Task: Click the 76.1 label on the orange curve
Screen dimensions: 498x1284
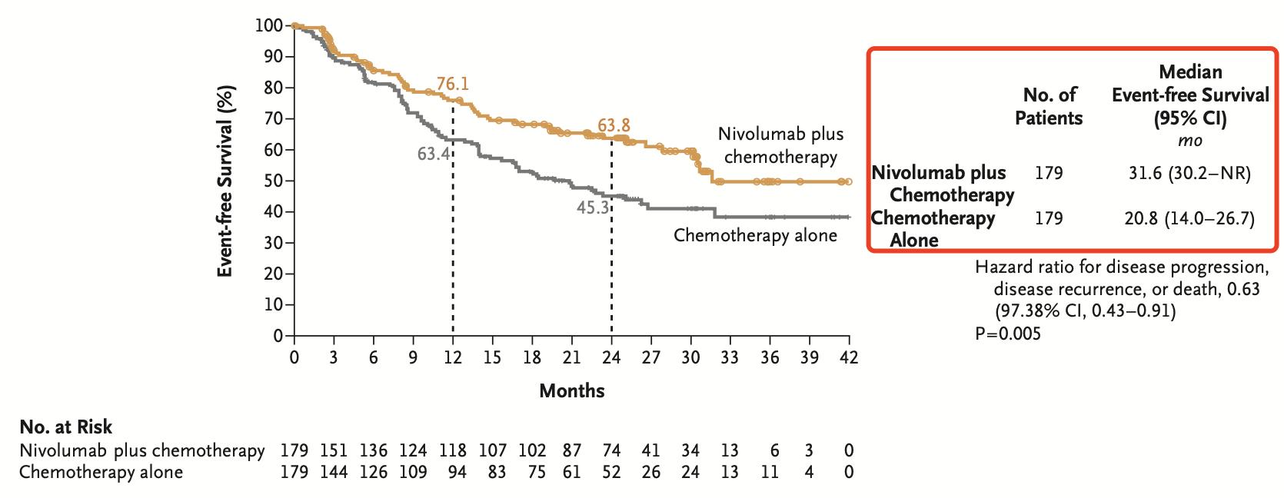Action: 452,84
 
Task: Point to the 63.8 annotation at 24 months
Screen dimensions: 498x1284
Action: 614,125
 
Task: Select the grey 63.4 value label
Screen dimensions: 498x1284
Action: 433,154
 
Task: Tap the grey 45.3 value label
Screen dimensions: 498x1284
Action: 593,207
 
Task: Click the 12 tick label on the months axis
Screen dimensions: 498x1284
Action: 453,357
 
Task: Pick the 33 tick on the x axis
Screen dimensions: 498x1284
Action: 730,357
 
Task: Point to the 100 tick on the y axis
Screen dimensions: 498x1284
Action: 269,25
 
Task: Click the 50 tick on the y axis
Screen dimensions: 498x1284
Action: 274,181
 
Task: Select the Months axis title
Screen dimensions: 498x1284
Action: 571,391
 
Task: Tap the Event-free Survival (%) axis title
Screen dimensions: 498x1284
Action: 225,180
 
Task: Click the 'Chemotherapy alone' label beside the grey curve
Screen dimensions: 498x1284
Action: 755,235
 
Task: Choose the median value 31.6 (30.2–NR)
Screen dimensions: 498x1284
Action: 1189,173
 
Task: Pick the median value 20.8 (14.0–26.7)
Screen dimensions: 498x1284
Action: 1189,219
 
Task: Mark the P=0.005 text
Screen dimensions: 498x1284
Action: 1008,334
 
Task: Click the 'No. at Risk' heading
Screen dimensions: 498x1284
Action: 65,427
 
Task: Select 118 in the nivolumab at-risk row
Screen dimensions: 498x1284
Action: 453,450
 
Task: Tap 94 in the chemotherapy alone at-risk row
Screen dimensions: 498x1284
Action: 457,472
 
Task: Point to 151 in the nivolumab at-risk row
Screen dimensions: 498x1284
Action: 334,450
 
